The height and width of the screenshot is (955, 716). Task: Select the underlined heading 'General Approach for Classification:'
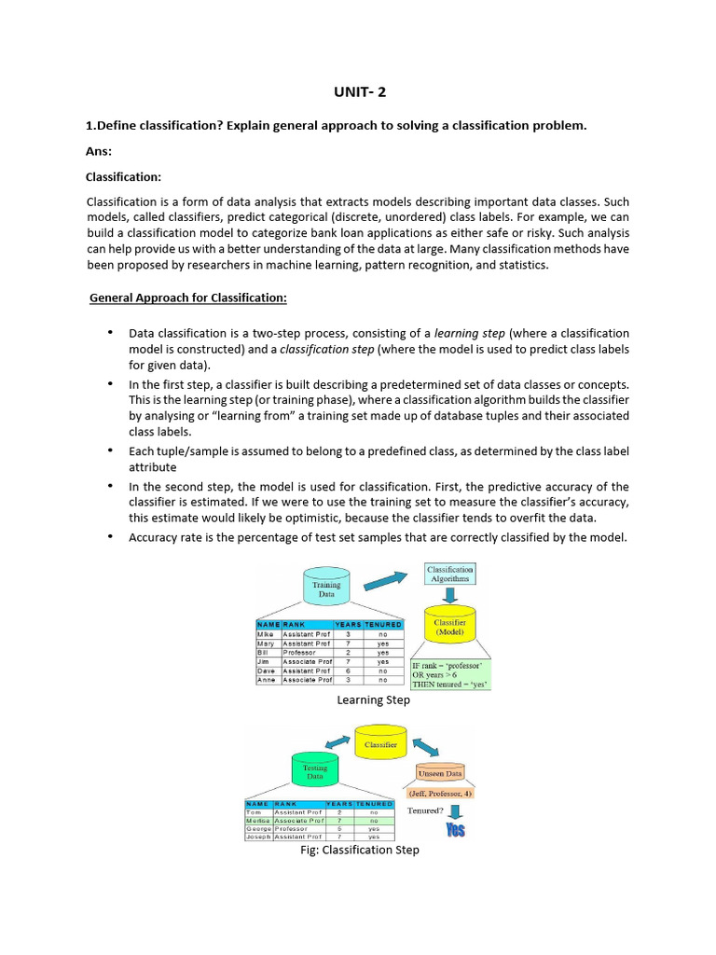tap(188, 298)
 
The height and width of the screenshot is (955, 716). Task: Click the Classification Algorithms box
tap(449, 574)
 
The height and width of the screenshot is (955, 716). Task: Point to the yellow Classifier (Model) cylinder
tap(449, 626)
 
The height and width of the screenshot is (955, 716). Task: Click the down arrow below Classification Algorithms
tap(449, 595)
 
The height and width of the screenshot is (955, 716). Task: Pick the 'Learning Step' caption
tap(372, 700)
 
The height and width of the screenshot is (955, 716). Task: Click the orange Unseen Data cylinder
tap(439, 773)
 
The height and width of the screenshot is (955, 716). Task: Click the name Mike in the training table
tap(267, 633)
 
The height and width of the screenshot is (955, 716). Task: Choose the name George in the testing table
tap(257, 828)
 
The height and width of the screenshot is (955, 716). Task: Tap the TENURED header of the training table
tap(383, 624)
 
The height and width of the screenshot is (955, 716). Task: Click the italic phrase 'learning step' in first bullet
tap(470, 333)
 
